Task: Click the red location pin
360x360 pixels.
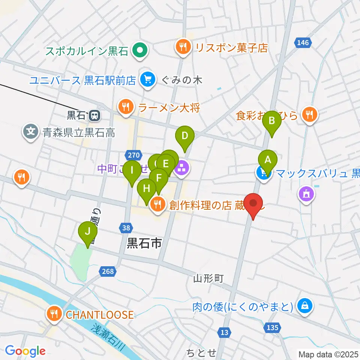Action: [253, 204]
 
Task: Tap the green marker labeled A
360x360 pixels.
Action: [267, 160]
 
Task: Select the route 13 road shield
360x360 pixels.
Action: [224, 332]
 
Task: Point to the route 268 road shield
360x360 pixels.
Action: [107, 271]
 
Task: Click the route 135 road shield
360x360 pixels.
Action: [273, 328]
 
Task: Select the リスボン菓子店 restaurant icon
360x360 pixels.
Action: [183, 47]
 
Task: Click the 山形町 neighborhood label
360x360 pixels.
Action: [208, 278]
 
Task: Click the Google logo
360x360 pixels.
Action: [25, 351]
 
